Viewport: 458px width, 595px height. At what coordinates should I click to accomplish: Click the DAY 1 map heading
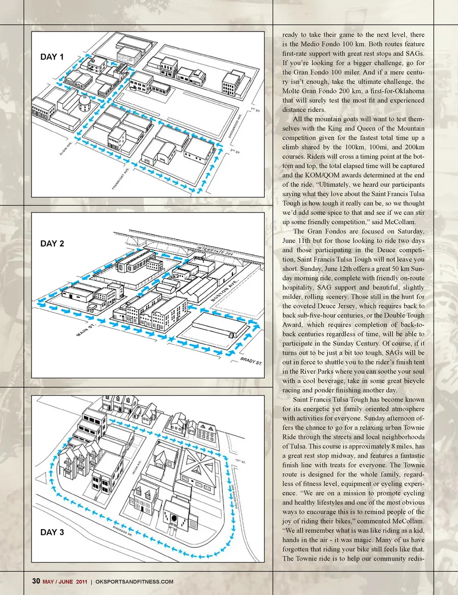(52, 57)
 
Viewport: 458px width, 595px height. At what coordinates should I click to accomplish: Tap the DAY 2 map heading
(52, 244)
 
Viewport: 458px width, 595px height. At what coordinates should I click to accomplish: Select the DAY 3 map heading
(52, 532)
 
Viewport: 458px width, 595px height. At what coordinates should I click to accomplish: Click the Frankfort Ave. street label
(121, 179)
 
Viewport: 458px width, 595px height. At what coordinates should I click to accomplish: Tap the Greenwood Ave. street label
(236, 126)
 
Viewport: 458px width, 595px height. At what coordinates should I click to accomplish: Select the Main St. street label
(86, 329)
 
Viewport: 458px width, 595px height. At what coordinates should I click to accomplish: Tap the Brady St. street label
(251, 361)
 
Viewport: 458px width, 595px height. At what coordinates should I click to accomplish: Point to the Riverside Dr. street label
(123, 531)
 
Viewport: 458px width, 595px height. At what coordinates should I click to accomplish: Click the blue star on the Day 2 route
(171, 339)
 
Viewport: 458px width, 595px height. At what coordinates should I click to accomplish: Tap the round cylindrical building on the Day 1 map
(85, 102)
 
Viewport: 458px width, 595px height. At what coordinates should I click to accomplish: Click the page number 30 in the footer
(36, 581)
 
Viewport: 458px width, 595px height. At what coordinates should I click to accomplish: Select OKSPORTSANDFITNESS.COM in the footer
(134, 582)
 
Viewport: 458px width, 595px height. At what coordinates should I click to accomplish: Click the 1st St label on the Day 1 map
(256, 110)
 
